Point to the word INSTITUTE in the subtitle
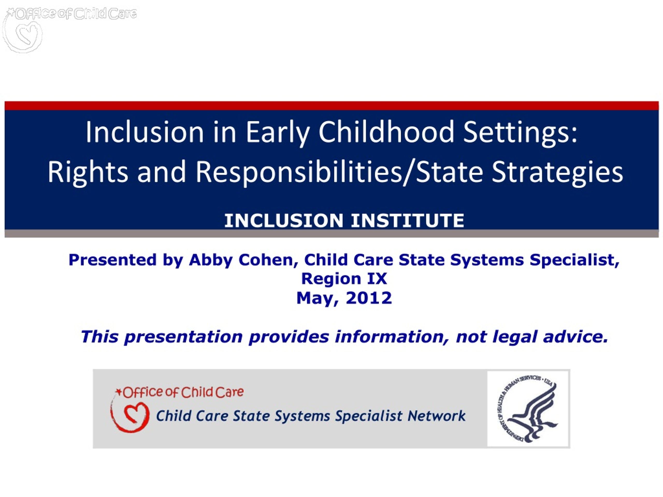(x=407, y=221)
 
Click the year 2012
(x=369, y=298)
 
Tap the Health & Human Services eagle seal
(x=528, y=409)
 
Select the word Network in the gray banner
(x=436, y=416)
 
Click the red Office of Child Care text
(x=183, y=392)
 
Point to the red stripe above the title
(x=331, y=106)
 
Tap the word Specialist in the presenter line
(x=574, y=260)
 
